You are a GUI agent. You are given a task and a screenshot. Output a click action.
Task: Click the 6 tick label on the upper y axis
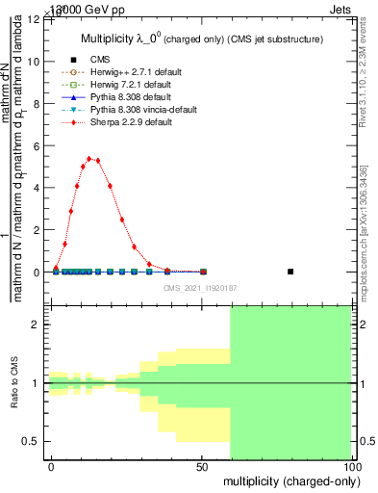(x=37, y=145)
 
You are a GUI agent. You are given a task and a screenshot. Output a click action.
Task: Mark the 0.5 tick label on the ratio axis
(x=31, y=441)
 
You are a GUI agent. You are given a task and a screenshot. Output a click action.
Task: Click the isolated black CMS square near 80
(x=290, y=272)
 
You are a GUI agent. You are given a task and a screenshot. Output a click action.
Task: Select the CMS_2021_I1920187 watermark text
(x=199, y=288)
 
